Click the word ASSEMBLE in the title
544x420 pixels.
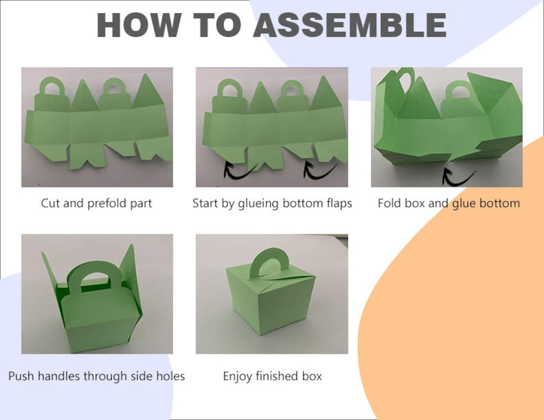(350, 25)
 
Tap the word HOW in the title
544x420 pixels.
(139, 25)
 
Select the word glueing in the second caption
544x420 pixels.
(258, 203)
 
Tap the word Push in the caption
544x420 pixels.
(21, 376)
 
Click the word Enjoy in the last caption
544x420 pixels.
(237, 377)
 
